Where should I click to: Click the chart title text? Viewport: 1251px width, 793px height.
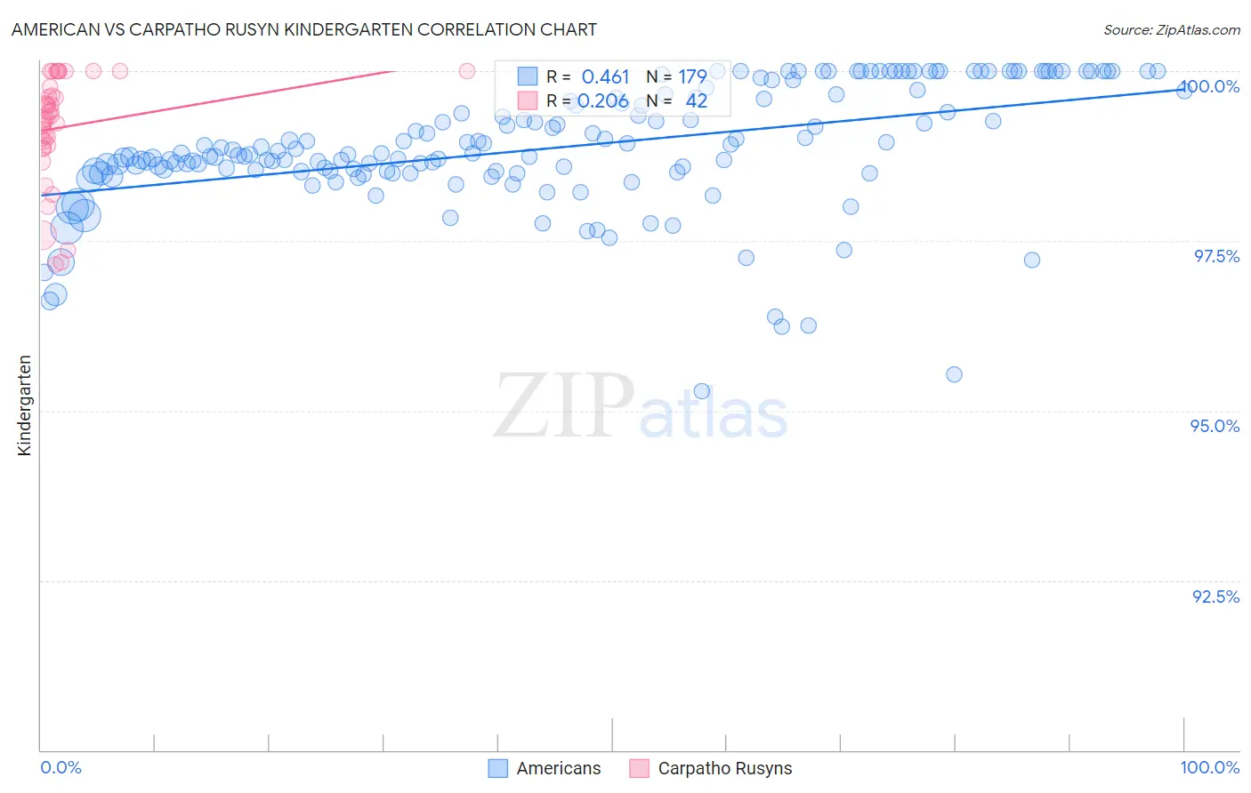click(303, 29)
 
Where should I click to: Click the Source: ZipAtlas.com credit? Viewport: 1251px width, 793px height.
click(1171, 29)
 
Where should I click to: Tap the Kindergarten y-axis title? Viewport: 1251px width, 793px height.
click(24, 405)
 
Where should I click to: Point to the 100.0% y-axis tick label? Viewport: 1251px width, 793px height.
click(1210, 86)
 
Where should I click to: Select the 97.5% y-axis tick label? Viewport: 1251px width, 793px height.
click(1215, 256)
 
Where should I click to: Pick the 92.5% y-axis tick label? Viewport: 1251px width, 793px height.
click(1215, 597)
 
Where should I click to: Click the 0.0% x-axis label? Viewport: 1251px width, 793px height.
click(61, 767)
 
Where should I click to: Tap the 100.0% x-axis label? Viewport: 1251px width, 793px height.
click(1209, 767)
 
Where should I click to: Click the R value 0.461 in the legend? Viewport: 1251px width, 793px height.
click(605, 76)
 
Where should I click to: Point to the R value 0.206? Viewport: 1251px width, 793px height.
click(603, 100)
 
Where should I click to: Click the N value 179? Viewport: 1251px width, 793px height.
click(692, 76)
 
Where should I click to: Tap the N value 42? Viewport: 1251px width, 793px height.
click(696, 100)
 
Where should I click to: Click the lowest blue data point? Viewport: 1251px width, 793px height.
click(701, 391)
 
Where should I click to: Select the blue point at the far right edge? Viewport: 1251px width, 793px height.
click(1184, 90)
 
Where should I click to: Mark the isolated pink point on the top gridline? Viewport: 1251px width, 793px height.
click(467, 71)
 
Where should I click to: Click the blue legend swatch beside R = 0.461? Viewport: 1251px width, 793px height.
click(528, 76)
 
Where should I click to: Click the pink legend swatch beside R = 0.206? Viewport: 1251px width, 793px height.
click(528, 100)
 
